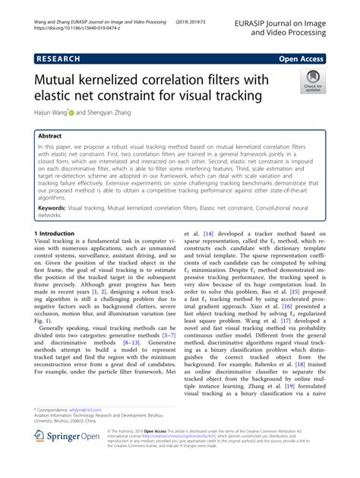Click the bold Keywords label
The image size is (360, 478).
[x=61, y=206]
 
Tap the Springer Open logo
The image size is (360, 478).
[x=69, y=459]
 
